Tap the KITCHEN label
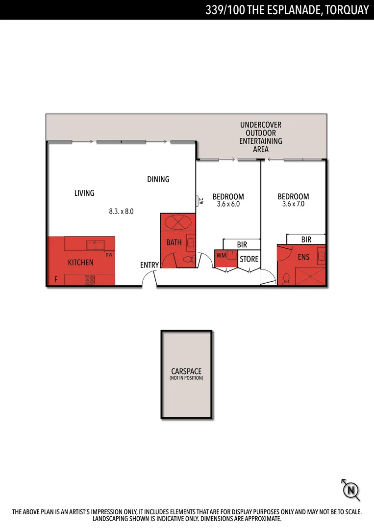click(80, 263)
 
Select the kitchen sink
click(94, 244)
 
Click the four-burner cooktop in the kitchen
click(90, 280)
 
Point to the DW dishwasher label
click(109, 254)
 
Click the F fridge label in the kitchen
click(56, 280)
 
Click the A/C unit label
click(201, 201)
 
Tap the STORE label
click(249, 259)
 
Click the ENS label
click(303, 257)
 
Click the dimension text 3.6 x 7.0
click(293, 204)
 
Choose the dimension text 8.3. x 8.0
click(121, 212)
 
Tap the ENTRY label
click(150, 265)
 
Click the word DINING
click(158, 180)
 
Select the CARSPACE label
click(186, 371)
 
